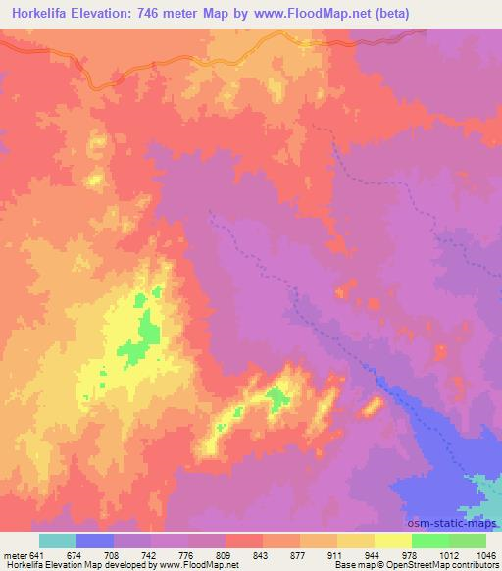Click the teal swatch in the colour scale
57,541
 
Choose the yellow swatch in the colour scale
392,541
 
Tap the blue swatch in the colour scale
94,541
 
